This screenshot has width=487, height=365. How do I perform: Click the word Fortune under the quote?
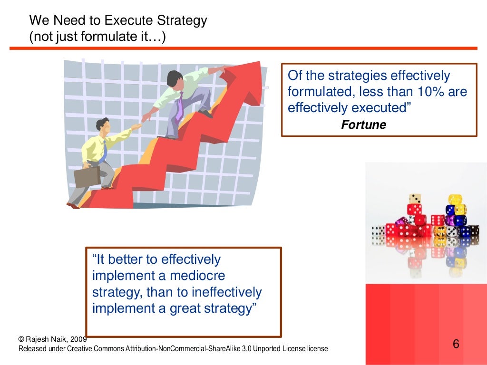[x=364, y=125]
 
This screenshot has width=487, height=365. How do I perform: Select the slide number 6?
[x=456, y=344]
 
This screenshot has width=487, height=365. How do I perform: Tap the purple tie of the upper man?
[x=179, y=107]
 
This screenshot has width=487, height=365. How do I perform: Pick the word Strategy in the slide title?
[x=184, y=20]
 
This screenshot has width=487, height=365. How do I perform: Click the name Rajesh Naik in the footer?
[x=47, y=339]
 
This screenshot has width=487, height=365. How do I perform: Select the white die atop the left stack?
[x=415, y=199]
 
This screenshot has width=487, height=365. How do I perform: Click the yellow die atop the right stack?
[x=455, y=199]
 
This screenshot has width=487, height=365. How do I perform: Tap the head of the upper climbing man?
[x=174, y=77]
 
